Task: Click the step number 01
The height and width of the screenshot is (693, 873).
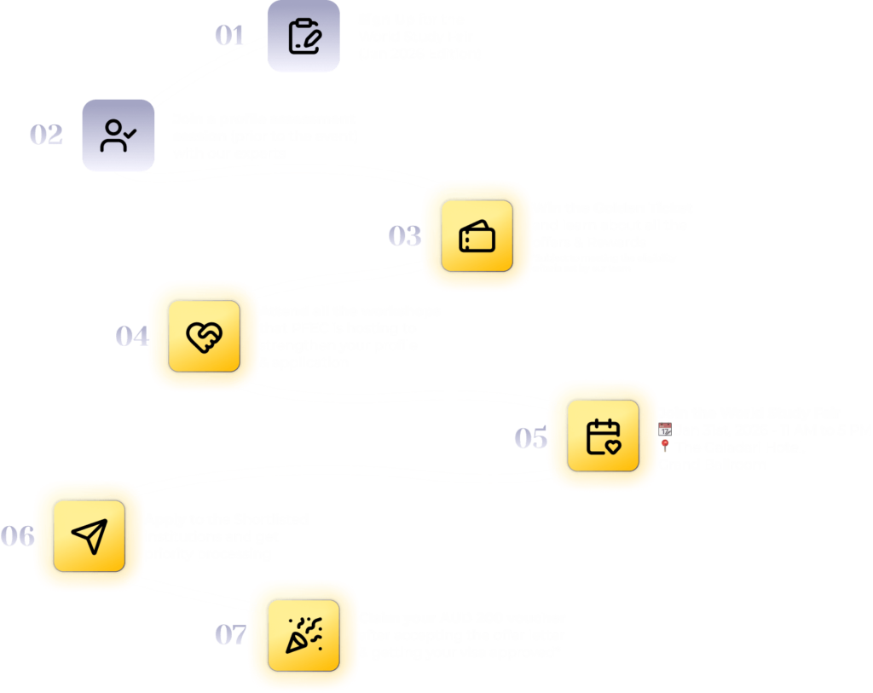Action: [229, 36]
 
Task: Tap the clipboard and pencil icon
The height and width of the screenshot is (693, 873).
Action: [304, 36]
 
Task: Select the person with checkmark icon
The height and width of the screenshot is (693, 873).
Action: [118, 135]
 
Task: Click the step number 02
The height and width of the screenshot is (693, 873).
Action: [47, 135]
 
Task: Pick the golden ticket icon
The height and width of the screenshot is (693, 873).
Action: [477, 236]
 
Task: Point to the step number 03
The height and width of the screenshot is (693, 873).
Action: [405, 236]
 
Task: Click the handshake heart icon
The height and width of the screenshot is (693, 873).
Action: [204, 336]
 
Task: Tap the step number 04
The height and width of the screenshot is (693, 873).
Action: [132, 337]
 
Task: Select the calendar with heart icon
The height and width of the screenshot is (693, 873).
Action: [603, 436]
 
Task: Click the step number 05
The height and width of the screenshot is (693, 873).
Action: [530, 438]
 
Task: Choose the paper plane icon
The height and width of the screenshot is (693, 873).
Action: [89, 535]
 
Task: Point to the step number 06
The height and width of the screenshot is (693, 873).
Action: [17, 536]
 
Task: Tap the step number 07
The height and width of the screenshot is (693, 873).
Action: [230, 635]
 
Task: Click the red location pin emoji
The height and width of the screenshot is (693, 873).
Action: [665, 448]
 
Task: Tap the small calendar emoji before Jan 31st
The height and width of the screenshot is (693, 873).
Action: [665, 430]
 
